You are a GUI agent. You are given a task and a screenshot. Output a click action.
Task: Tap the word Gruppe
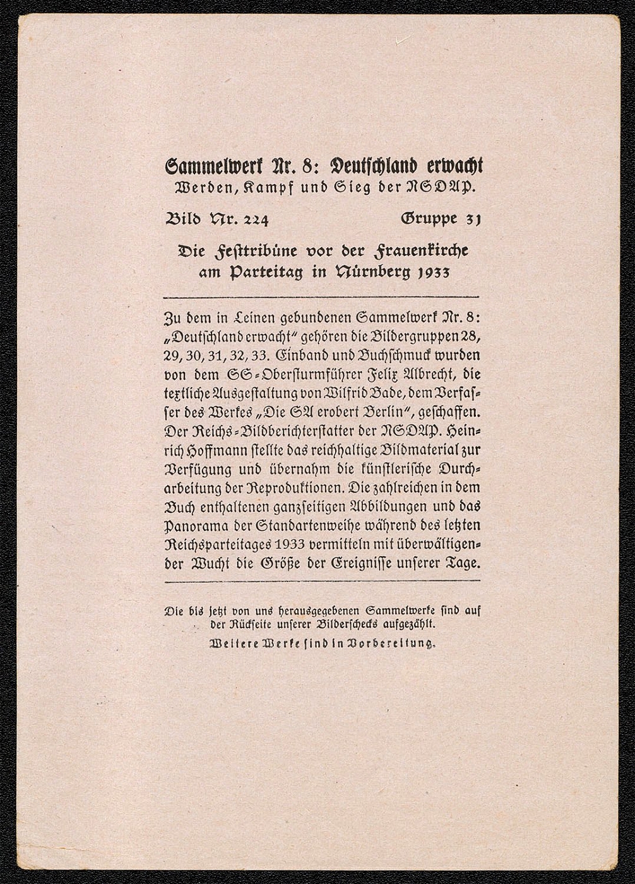[429, 219]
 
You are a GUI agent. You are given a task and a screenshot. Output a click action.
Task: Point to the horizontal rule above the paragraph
[321, 297]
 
